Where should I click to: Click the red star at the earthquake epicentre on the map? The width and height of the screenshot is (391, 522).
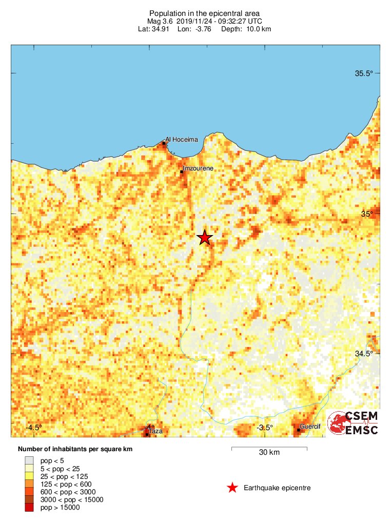(205, 238)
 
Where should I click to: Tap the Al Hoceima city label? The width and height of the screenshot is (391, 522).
(181, 139)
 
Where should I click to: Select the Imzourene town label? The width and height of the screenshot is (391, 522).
(198, 168)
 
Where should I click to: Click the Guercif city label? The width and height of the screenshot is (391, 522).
(309, 427)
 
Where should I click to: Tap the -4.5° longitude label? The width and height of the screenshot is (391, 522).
(34, 427)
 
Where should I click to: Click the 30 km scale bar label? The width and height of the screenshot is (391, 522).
(269, 452)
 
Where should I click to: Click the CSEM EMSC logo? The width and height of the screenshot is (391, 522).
(354, 423)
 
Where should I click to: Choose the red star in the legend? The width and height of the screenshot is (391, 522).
(232, 488)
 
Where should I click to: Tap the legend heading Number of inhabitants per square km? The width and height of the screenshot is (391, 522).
(75, 449)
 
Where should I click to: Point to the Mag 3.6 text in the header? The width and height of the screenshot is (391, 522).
(160, 21)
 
